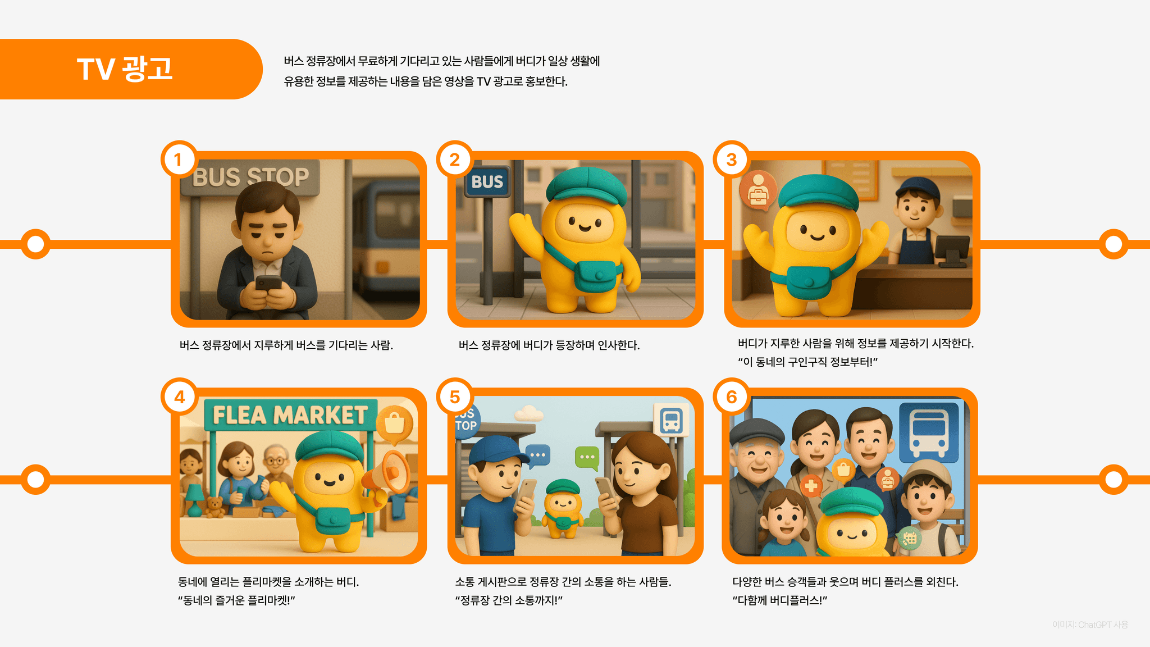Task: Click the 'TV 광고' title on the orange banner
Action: (x=125, y=69)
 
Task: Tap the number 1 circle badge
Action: (x=179, y=160)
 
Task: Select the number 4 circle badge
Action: (x=179, y=397)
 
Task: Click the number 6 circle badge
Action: (x=731, y=397)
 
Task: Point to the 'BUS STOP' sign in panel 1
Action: (x=250, y=177)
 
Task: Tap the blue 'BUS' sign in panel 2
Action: (x=487, y=181)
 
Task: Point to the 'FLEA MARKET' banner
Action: (x=290, y=415)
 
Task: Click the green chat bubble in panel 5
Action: (x=587, y=458)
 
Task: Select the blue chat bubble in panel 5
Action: (x=538, y=455)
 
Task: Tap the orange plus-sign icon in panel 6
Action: (x=811, y=485)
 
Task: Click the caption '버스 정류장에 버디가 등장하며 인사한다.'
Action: (x=549, y=345)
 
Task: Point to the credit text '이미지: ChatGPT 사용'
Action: (x=1090, y=625)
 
